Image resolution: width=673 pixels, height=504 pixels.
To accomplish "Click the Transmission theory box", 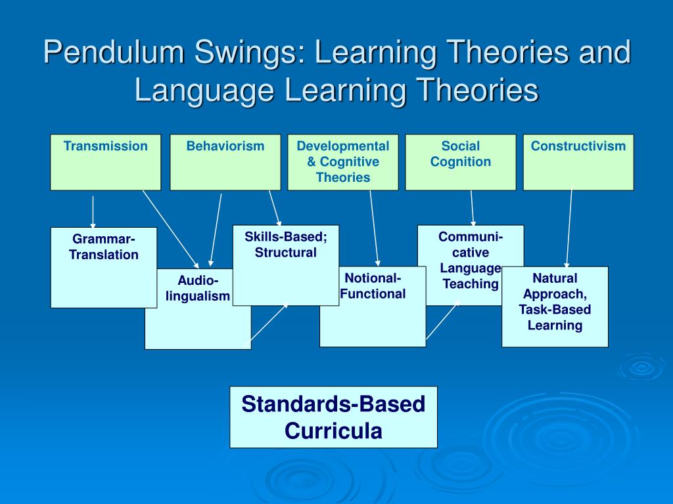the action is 106,162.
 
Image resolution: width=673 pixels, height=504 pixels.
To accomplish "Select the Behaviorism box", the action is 225,162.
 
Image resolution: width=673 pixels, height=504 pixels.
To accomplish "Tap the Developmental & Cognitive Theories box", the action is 343,162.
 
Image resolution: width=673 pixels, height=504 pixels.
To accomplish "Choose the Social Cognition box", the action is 461,162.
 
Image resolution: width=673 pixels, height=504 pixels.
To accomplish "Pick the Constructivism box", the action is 578,162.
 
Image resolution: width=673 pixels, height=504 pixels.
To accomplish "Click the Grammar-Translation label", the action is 104,247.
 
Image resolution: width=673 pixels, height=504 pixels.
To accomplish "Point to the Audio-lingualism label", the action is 198,289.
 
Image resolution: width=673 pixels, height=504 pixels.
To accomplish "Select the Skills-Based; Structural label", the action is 286,245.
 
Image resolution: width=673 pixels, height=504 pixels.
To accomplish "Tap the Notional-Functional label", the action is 373,286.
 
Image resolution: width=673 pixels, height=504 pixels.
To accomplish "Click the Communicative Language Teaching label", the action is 471,260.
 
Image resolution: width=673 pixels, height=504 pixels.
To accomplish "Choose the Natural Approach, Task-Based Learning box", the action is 555,307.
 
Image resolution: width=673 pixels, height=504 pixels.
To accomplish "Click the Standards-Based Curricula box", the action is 333,417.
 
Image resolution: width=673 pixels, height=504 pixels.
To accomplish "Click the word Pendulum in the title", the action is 114,52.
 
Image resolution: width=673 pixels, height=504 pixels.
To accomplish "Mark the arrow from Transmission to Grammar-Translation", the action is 93,212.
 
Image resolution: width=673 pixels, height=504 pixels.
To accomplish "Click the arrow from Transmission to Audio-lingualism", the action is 170,229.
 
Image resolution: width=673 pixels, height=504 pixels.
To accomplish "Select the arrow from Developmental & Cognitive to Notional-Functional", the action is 374,228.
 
